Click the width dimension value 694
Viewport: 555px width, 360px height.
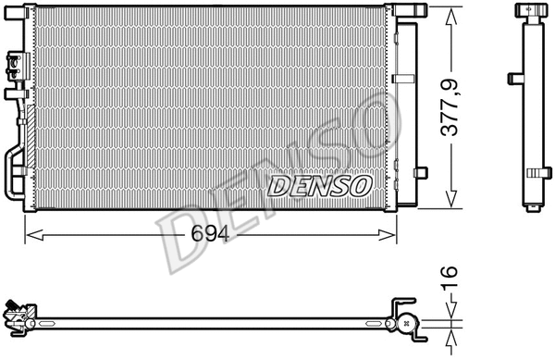210,234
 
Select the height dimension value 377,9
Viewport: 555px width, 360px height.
450,108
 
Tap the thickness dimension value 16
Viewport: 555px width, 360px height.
450,278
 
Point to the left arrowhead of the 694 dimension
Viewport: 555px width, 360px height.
35,235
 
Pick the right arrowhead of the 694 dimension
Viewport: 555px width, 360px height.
387,235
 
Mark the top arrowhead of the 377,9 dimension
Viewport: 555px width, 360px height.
450,17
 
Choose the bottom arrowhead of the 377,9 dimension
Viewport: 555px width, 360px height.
450,199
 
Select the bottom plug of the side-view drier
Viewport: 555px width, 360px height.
534,209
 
